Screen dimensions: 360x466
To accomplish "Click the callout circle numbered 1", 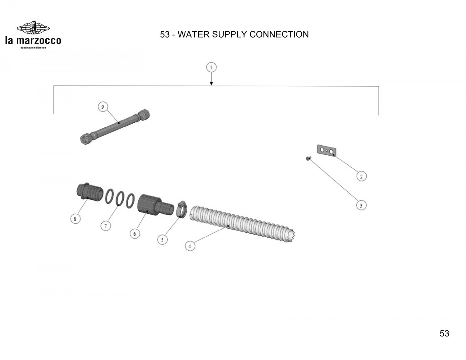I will tap(211, 67).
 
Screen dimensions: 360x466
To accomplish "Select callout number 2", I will tap(361, 176).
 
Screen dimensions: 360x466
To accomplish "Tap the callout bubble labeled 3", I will tap(361, 205).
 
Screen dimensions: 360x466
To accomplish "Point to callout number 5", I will tap(162, 239).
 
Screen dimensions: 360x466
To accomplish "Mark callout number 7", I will tap(106, 226).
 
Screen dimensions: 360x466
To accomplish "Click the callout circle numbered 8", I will tap(75, 219).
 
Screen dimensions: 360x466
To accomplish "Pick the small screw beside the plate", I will tap(307, 158).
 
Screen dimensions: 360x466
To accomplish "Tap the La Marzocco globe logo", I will tap(33, 29).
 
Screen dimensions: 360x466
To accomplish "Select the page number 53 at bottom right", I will tap(444, 333).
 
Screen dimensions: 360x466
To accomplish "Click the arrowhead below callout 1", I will tap(211, 83).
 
